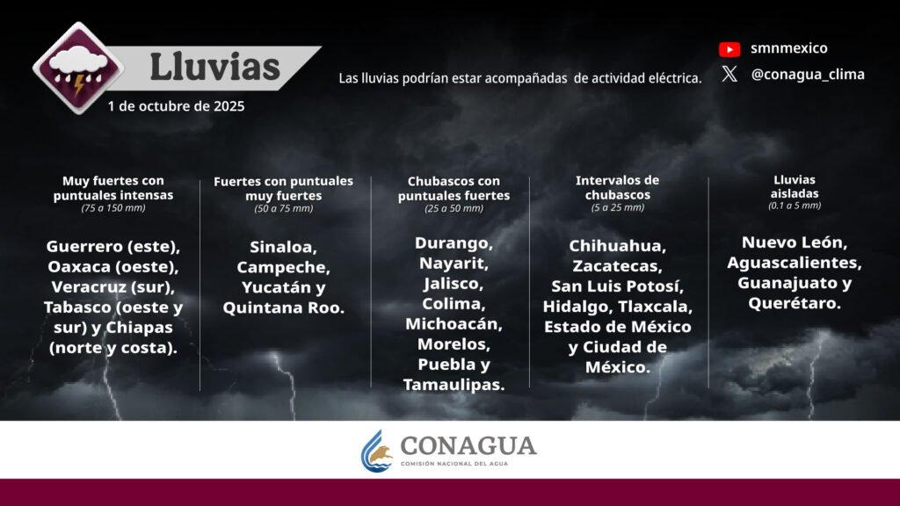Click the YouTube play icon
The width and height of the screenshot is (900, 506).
click(x=729, y=49)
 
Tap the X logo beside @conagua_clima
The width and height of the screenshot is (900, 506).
click(x=729, y=74)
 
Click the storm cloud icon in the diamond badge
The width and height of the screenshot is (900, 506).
click(x=78, y=68)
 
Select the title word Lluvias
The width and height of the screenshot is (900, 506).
click(x=214, y=67)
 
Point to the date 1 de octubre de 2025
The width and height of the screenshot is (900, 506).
click(x=176, y=106)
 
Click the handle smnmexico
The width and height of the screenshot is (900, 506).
click(x=789, y=48)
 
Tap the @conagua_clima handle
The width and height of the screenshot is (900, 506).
click(x=808, y=75)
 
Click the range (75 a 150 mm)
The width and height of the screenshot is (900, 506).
click(x=113, y=207)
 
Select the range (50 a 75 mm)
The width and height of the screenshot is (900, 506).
click(x=284, y=208)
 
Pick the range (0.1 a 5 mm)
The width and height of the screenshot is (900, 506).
click(x=795, y=206)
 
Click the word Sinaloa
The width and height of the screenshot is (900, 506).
click(x=283, y=247)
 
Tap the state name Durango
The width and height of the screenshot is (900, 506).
click(x=454, y=243)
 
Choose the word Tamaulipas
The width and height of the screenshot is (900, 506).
click(x=454, y=385)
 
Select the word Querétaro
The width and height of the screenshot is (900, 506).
click(x=795, y=303)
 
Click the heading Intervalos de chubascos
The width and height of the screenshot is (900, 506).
click(x=618, y=188)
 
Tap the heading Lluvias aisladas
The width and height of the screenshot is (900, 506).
click(x=795, y=186)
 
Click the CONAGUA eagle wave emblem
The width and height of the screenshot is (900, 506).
click(x=376, y=451)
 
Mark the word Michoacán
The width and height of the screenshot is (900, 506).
click(x=454, y=324)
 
